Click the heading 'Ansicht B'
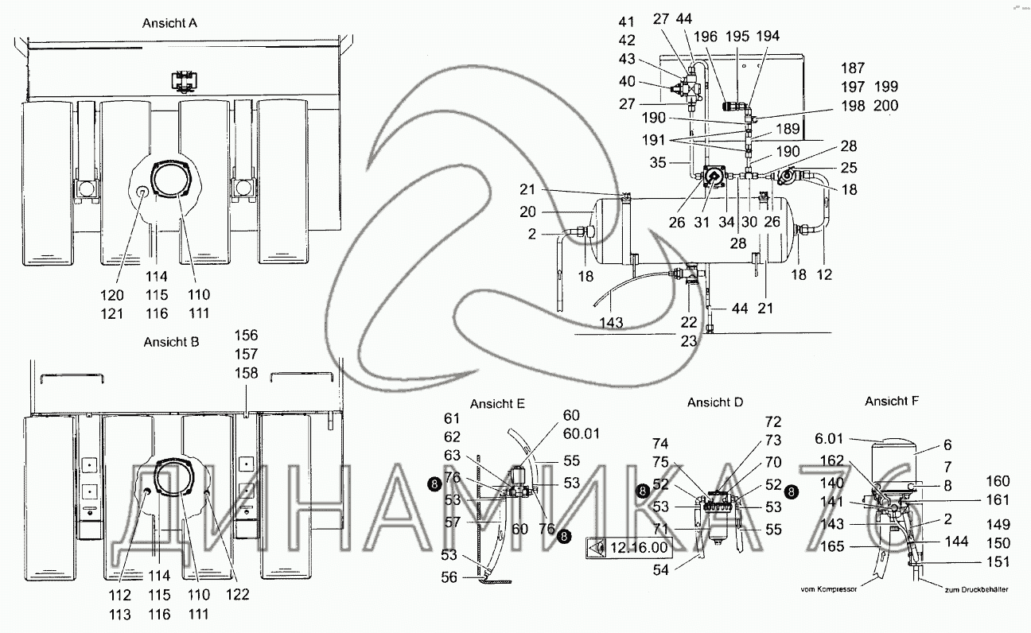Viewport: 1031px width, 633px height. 171,342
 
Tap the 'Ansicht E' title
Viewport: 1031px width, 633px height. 497,403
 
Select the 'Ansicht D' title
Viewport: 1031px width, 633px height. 715,403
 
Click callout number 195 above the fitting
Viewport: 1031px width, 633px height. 737,36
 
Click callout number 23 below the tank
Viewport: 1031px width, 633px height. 689,340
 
